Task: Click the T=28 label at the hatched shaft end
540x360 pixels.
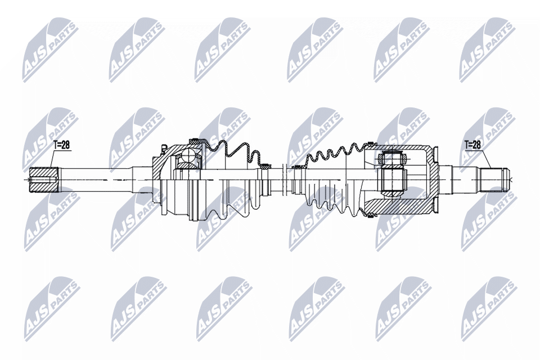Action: tap(61, 145)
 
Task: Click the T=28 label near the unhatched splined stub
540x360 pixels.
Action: tap(472, 145)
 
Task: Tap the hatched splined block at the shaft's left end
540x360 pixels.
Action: tap(44, 179)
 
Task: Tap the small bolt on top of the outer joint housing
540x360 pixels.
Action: tap(163, 149)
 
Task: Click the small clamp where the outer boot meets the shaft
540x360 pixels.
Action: tap(265, 167)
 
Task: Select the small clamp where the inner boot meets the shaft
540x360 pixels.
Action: tap(295, 168)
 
